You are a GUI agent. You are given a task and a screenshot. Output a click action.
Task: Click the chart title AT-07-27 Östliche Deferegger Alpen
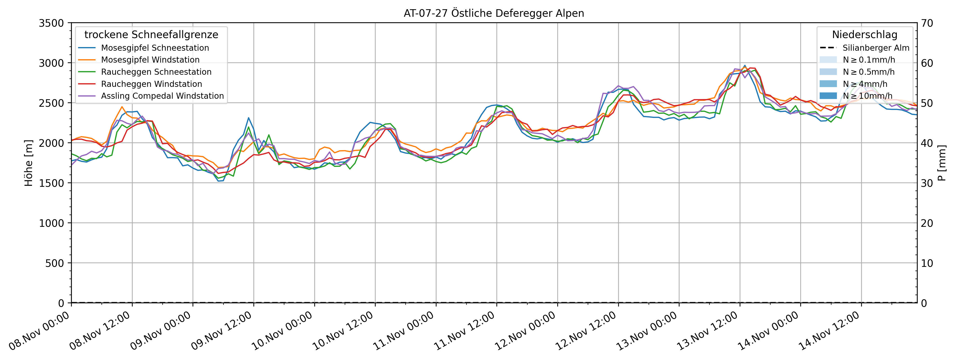click(494, 13)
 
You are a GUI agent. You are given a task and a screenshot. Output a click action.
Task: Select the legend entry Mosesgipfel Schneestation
click(155, 48)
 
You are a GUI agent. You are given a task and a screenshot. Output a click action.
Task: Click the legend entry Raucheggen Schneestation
click(156, 72)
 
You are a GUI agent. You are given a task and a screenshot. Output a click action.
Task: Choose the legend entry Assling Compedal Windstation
click(162, 96)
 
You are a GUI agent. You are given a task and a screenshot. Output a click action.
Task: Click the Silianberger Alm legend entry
click(876, 48)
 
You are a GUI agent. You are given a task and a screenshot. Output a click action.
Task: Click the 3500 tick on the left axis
click(51, 23)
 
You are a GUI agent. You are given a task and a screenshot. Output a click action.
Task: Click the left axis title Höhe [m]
click(29, 163)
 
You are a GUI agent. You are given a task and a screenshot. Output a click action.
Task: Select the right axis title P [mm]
click(942, 163)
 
